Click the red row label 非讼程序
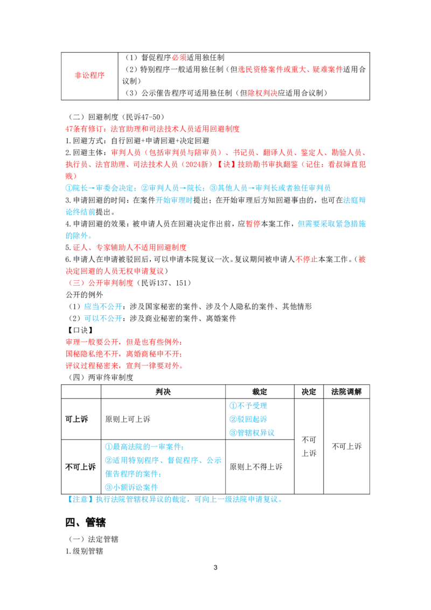click(x=89, y=75)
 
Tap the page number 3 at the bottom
click(x=215, y=567)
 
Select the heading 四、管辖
click(x=86, y=522)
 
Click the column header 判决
click(x=163, y=392)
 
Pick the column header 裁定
click(x=260, y=392)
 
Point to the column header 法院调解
click(x=346, y=392)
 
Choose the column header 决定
click(x=309, y=392)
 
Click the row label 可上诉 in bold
click(x=77, y=419)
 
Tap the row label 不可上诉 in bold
click(x=80, y=467)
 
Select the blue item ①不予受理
click(x=248, y=406)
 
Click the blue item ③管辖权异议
click(x=252, y=433)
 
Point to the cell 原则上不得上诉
click(x=256, y=467)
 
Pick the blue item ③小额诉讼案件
click(x=131, y=487)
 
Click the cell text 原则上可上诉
click(x=128, y=419)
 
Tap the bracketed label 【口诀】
click(x=80, y=330)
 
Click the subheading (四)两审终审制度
click(x=101, y=377)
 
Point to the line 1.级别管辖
click(x=85, y=551)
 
